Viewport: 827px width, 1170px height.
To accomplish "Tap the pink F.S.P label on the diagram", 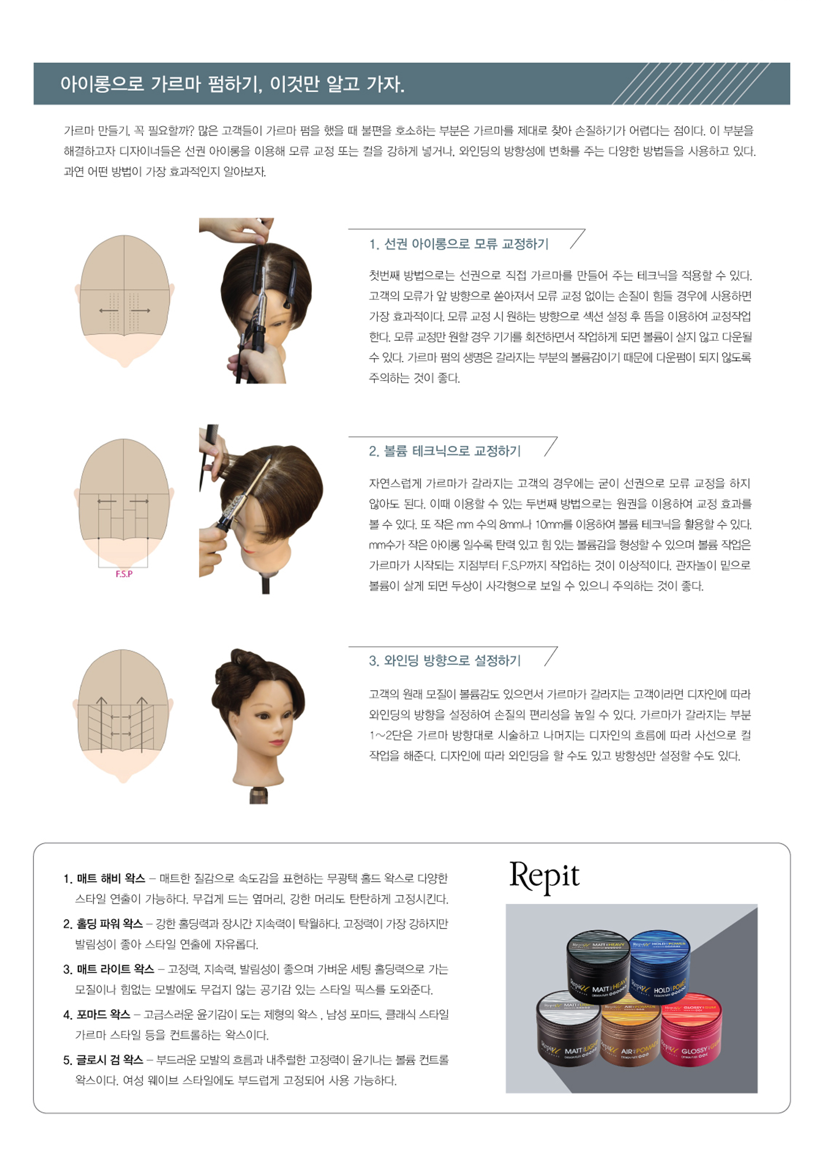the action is pos(124,574).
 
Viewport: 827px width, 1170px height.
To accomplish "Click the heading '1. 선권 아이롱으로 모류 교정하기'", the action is pos(459,244).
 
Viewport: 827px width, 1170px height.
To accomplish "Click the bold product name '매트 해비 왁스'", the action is pos(111,878).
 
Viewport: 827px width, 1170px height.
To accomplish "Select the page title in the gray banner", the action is pos(232,84).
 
